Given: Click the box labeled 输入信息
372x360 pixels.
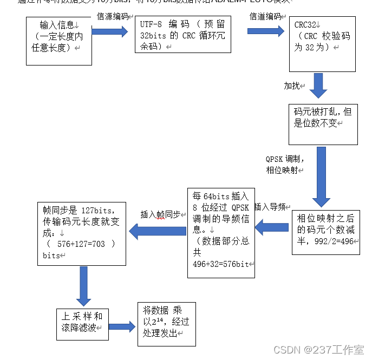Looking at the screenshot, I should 58,41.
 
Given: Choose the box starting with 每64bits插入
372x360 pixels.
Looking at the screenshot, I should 220,232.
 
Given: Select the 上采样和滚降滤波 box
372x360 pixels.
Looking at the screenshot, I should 82,324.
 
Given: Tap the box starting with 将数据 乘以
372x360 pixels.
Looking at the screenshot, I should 166,323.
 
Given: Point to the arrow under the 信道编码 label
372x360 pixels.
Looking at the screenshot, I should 266,32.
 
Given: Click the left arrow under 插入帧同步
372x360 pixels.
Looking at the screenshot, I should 158,231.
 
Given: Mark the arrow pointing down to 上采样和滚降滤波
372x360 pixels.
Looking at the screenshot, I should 83,286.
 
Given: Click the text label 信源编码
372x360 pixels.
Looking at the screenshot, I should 113,16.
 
